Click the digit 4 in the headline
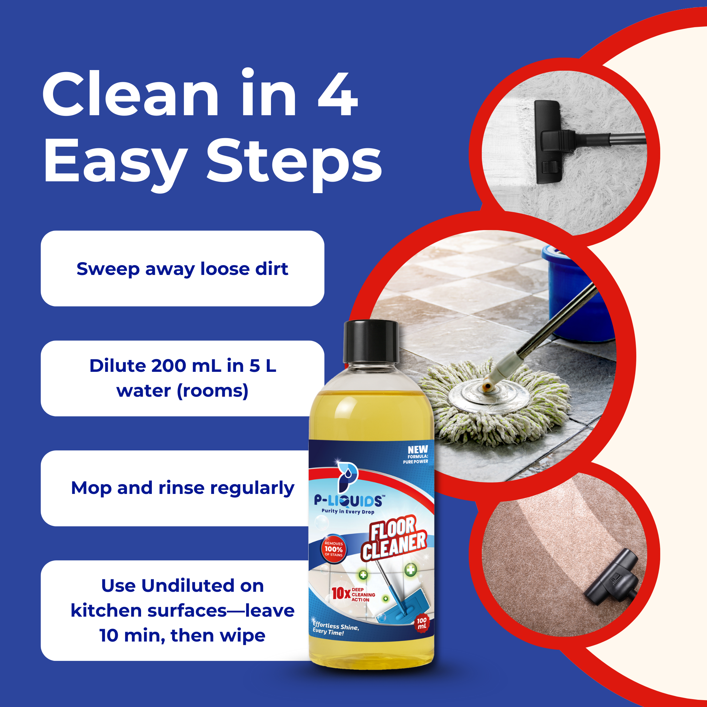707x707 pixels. [337, 94]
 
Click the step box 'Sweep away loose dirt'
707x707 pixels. [182, 268]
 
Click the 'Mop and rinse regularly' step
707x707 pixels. [182, 488]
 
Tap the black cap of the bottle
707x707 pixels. [371, 341]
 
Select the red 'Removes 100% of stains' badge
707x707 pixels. [334, 549]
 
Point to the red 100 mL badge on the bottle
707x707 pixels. [422, 623]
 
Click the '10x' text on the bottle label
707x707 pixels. [341, 593]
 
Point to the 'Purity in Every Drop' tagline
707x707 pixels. [348, 511]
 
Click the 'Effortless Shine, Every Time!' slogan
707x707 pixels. [335, 628]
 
